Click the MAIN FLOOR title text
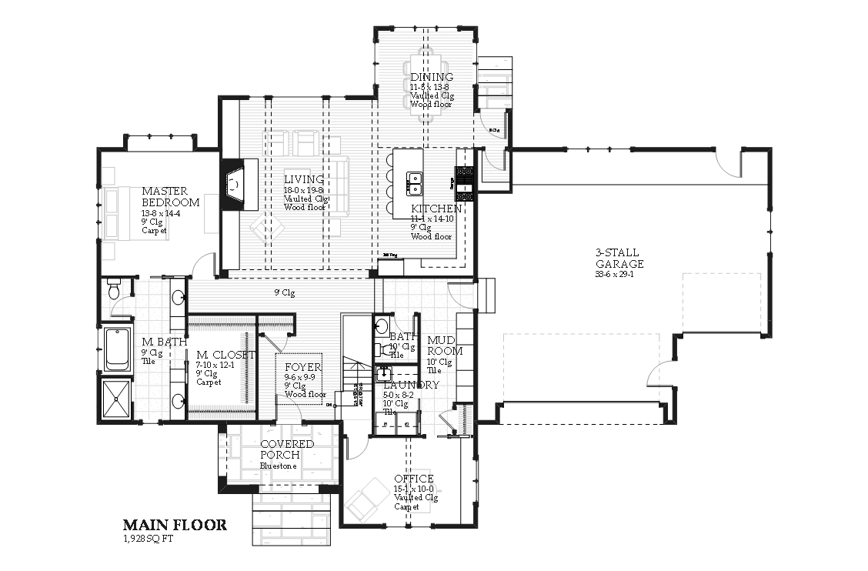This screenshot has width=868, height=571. click(x=175, y=525)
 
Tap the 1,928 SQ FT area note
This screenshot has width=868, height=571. click(x=149, y=538)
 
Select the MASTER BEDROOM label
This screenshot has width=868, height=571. click(x=170, y=197)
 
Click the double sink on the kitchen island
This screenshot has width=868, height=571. click(x=414, y=183)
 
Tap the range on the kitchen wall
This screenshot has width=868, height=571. click(x=465, y=183)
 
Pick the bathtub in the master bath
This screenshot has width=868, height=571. click(x=117, y=348)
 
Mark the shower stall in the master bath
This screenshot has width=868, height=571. click(x=117, y=399)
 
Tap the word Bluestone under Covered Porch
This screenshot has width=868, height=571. click(x=278, y=466)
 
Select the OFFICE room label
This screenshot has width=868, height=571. click(x=414, y=479)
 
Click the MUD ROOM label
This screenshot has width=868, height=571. click(x=445, y=346)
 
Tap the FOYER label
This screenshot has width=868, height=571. click(x=302, y=367)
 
